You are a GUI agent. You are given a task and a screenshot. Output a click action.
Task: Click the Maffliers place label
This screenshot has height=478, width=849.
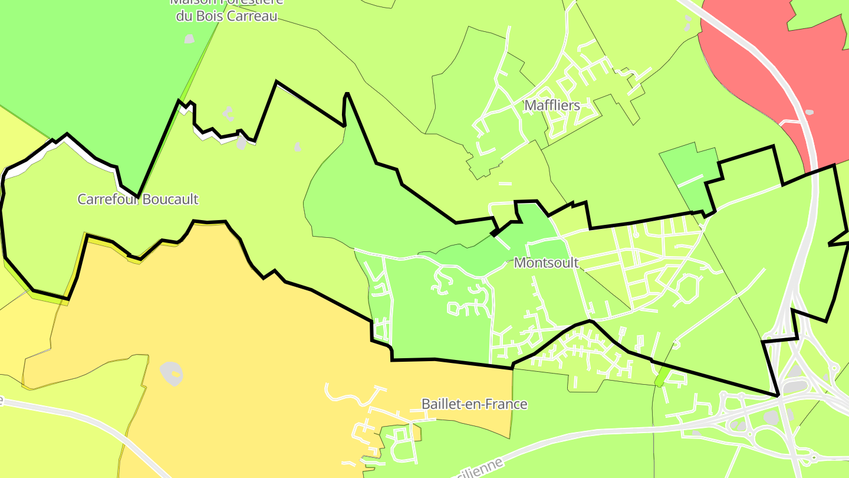(x=552, y=106)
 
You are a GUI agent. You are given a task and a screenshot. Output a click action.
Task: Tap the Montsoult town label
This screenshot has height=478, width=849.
(x=546, y=263)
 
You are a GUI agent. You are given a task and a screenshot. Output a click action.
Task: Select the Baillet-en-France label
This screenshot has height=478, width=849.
(x=474, y=404)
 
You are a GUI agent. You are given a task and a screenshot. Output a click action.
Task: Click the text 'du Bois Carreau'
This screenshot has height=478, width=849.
(x=226, y=16)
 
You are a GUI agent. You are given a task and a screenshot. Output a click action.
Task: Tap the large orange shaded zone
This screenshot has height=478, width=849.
(x=236, y=342)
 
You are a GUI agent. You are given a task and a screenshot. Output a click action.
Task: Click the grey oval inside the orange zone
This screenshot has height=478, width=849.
(x=172, y=373)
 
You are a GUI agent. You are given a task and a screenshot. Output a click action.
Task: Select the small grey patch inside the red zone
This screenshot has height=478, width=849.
(x=809, y=112)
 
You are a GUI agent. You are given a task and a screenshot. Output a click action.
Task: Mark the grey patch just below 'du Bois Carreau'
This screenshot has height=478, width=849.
(x=189, y=39)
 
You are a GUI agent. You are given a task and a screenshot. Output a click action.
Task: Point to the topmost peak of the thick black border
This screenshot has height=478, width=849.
(x=276, y=82)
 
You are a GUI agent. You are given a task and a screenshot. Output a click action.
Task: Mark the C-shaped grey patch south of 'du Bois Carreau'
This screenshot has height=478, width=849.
(x=228, y=113)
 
